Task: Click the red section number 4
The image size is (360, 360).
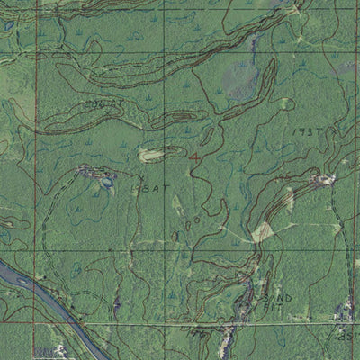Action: click(195, 157)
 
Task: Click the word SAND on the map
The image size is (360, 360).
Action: click(271, 298)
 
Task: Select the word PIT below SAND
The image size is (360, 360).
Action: click(269, 308)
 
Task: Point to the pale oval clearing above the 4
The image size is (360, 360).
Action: click(152, 156)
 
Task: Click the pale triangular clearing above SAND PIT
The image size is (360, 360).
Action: click(262, 232)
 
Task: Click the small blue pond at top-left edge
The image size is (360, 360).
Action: click(9, 26)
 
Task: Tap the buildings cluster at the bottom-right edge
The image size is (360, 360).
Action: click(343, 313)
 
